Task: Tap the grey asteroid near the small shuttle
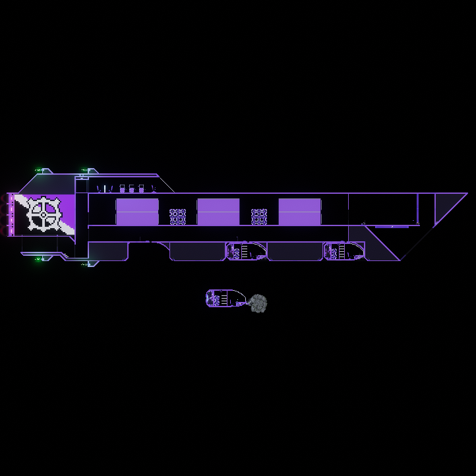point(258,303)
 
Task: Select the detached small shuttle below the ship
point(225,299)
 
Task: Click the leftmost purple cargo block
point(137,212)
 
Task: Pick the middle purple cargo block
point(218,212)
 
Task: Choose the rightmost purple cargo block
point(299,212)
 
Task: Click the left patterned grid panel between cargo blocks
point(177,217)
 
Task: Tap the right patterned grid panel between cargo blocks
point(259,217)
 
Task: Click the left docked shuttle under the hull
point(246,251)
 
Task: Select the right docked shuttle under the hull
point(343,251)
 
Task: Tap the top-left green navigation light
point(39,170)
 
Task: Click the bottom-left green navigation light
point(39,259)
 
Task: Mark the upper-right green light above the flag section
point(85,170)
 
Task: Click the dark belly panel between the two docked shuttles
point(295,251)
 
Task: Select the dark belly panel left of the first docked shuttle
point(197,251)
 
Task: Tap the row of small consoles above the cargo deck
point(125,189)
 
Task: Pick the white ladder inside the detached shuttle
point(223,299)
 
